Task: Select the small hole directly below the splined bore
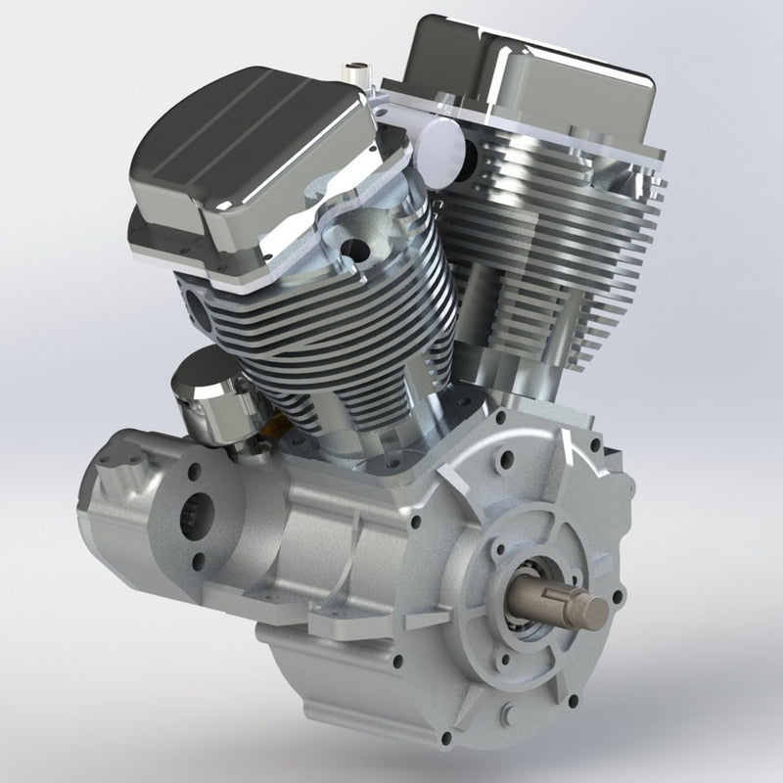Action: tap(199, 560)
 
